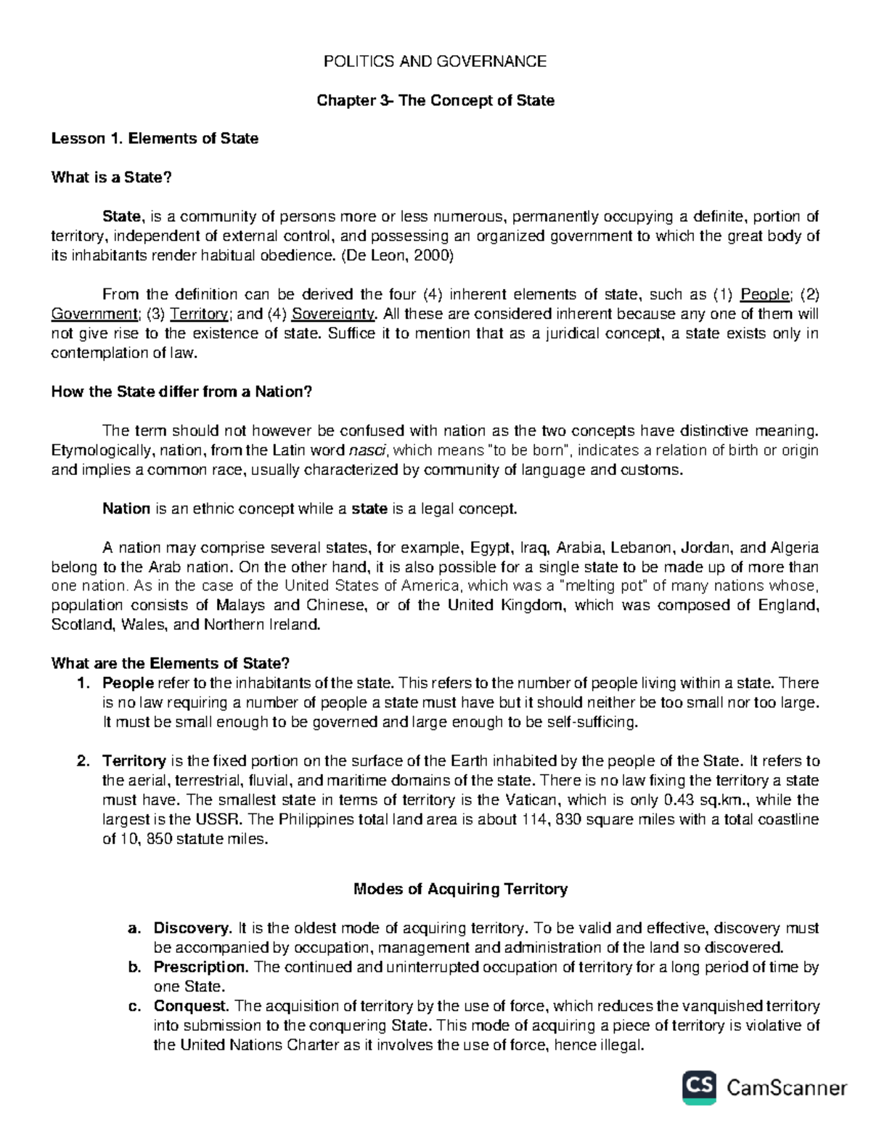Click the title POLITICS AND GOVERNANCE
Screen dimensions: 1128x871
[x=435, y=62]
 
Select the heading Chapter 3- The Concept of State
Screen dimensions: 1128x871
[x=435, y=101]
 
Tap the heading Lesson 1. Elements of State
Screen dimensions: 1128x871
[x=155, y=139]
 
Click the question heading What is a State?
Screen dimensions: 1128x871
[x=113, y=177]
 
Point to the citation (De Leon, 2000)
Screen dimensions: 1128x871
[x=392, y=256]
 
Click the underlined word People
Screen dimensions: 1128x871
[x=764, y=295]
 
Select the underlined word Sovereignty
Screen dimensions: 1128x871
[x=333, y=315]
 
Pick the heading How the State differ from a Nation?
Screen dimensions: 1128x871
[x=181, y=392]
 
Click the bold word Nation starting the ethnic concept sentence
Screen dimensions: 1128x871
[x=126, y=509]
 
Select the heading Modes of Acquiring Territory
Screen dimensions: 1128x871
[x=459, y=889]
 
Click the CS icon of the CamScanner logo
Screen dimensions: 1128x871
[x=700, y=1087]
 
